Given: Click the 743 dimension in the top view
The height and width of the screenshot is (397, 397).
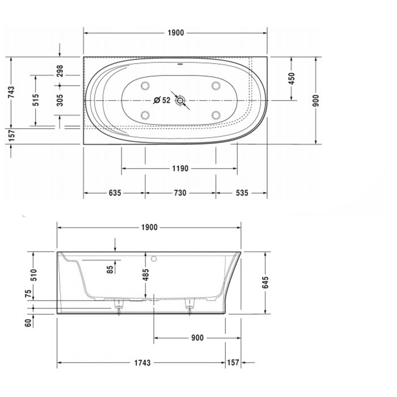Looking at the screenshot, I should tap(11, 93).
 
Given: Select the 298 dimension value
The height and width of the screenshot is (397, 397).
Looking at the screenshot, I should tap(60, 71).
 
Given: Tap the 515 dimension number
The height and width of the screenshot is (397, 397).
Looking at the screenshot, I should tap(35, 100).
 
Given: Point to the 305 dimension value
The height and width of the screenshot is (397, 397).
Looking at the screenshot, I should tap(60, 100).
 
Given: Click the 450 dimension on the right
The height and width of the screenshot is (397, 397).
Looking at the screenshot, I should tap(292, 78).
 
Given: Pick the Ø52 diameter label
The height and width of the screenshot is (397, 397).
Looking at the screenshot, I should tap(162, 100).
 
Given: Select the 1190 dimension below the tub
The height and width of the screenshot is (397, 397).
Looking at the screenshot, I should tap(179, 168).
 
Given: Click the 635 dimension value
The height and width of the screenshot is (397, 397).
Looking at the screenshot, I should tap(114, 193).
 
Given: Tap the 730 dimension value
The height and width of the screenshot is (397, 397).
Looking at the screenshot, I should tap(179, 193).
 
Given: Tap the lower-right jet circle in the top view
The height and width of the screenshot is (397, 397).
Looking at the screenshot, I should tap(216, 115).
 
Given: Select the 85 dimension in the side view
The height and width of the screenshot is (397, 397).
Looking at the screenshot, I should tap(109, 268).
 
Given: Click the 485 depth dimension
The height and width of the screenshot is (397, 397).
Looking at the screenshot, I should tap(146, 276).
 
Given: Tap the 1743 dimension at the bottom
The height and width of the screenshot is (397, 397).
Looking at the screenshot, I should tap(143, 362).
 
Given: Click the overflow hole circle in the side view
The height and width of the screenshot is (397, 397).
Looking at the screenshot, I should tap(154, 259).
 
